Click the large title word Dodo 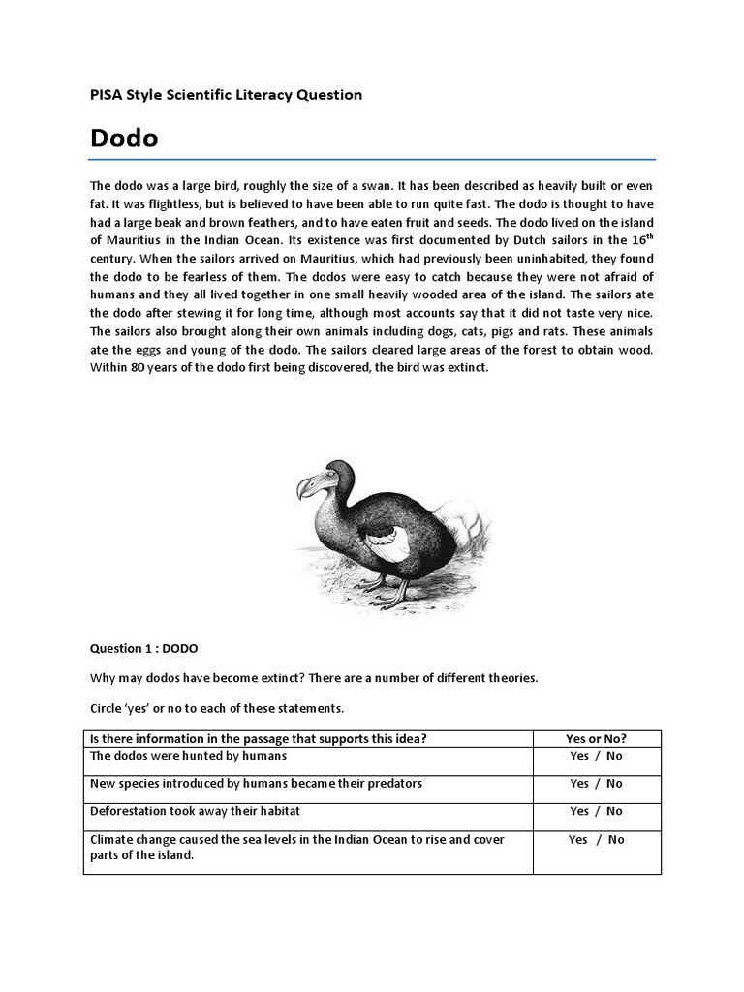(124, 139)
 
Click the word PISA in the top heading (106, 94)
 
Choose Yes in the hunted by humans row (579, 756)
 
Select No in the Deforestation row (615, 811)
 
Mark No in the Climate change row (616, 840)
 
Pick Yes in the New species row (579, 783)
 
